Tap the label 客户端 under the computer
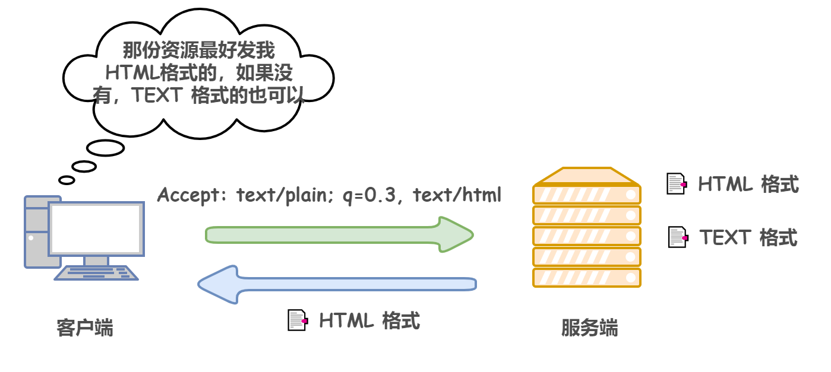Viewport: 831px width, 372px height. [85, 328]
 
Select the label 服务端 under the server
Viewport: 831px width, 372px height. [589, 328]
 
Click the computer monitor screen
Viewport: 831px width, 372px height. [96, 228]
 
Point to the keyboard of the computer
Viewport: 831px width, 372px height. [96, 272]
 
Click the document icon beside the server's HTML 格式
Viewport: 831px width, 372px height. [676, 184]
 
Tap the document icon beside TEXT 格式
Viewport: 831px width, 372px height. [677, 237]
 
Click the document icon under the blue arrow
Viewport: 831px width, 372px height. [297, 320]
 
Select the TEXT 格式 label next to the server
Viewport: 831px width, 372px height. [748, 237]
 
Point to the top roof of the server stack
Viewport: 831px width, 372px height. [587, 176]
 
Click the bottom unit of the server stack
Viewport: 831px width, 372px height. [587, 278]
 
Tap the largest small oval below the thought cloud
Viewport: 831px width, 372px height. [105, 147]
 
